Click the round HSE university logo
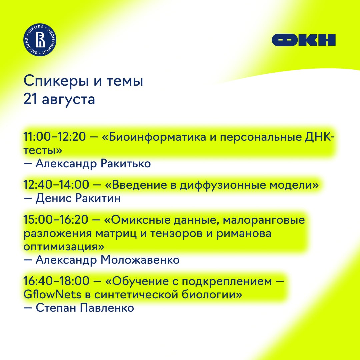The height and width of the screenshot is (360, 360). (x=40, y=39)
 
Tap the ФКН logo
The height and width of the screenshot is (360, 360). (x=304, y=40)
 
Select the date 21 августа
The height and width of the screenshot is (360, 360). (x=59, y=99)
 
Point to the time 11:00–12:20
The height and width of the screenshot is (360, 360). (x=55, y=137)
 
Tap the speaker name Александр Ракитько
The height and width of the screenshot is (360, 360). (x=93, y=164)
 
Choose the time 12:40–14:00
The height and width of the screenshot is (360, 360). (x=56, y=185)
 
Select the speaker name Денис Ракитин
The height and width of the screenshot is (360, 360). (x=78, y=198)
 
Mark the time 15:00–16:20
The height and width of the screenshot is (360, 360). (x=56, y=219)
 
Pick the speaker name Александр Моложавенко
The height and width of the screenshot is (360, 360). (x=107, y=260)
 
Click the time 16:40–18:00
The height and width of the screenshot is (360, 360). (x=56, y=281)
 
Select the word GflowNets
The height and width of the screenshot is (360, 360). (x=52, y=294)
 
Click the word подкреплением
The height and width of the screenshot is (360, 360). (x=227, y=281)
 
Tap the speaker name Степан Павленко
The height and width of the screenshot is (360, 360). (x=85, y=308)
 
